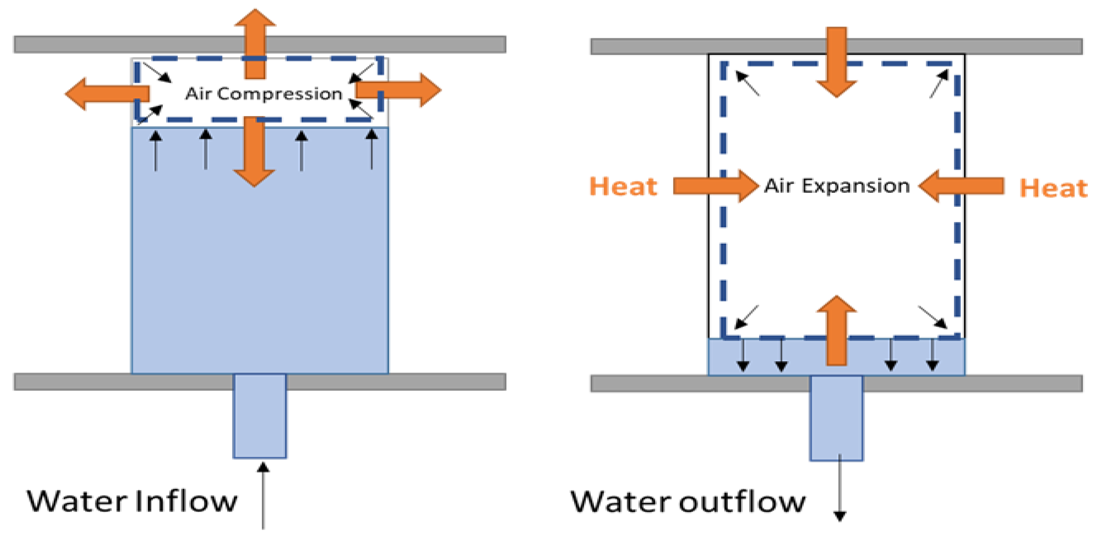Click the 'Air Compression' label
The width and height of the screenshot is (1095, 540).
point(264,94)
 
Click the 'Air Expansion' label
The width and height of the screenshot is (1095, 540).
point(837,186)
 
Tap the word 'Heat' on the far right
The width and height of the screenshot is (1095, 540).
point(1053,189)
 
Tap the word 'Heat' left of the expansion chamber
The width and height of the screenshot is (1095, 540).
point(623,187)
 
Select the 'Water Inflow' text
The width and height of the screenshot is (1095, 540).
point(132,501)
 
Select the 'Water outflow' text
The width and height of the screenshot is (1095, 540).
point(688,502)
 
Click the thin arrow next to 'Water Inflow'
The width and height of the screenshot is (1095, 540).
point(263,495)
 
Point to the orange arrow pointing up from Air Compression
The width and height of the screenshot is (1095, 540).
point(255,42)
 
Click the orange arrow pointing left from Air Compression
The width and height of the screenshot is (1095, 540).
point(106,94)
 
